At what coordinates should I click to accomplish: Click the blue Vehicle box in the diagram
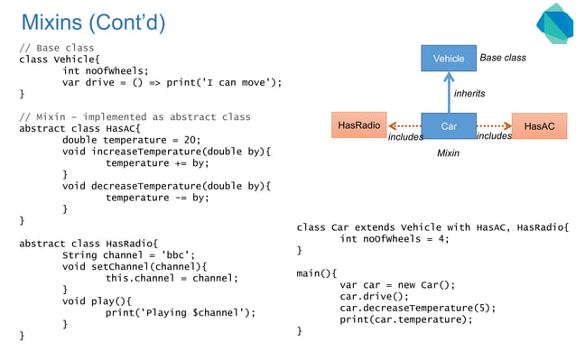[x=449, y=59]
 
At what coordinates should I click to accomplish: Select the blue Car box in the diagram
[x=449, y=126]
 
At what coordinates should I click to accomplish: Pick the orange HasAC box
[x=539, y=126]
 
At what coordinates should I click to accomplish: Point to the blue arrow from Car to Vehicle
[x=449, y=92]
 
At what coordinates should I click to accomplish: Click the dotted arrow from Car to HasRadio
[x=403, y=126]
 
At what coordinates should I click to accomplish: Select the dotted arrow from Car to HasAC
[x=494, y=126]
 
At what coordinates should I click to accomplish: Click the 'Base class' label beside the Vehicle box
[x=502, y=59]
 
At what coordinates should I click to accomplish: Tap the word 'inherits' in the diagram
[x=469, y=94]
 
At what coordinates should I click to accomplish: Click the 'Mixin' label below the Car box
[x=448, y=154]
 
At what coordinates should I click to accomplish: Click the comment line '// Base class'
[x=57, y=48]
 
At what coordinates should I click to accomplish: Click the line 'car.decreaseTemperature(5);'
[x=417, y=308]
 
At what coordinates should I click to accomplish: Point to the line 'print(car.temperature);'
[x=405, y=319]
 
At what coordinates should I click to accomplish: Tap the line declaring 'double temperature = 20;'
[x=131, y=140]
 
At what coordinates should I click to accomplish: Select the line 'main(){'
[x=316, y=272]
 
